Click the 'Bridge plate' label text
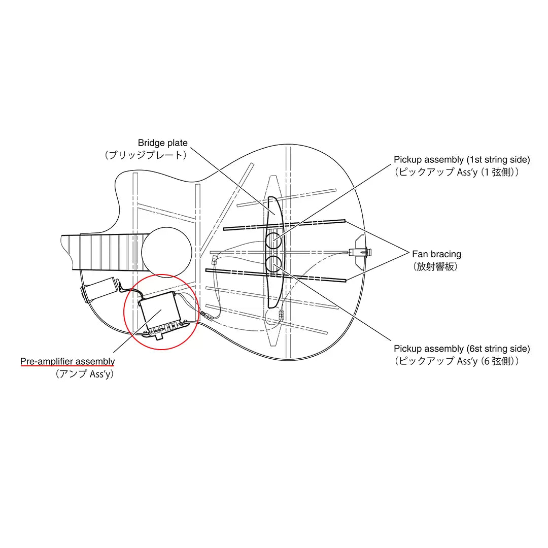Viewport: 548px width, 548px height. point(162,143)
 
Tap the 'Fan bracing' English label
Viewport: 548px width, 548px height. point(436,254)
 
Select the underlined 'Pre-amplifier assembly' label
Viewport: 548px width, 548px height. point(67,361)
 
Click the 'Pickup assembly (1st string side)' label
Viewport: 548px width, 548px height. point(462,160)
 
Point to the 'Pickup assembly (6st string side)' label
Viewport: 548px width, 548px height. point(462,349)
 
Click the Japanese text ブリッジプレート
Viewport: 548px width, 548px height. point(146,155)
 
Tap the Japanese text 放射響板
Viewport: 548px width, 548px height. point(435,267)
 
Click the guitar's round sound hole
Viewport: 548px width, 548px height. point(167,252)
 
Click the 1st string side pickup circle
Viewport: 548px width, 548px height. point(273,241)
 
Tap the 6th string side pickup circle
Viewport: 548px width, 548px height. point(273,264)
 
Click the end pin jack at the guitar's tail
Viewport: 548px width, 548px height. point(360,252)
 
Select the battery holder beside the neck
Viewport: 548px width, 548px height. point(101,289)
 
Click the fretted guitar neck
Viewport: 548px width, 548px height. point(105,252)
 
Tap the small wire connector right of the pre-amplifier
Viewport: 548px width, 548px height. point(207,316)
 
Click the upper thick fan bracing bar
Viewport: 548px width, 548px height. point(284,225)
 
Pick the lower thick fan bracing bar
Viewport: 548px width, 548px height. point(276,275)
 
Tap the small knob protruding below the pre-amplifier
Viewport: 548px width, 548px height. point(159,336)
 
